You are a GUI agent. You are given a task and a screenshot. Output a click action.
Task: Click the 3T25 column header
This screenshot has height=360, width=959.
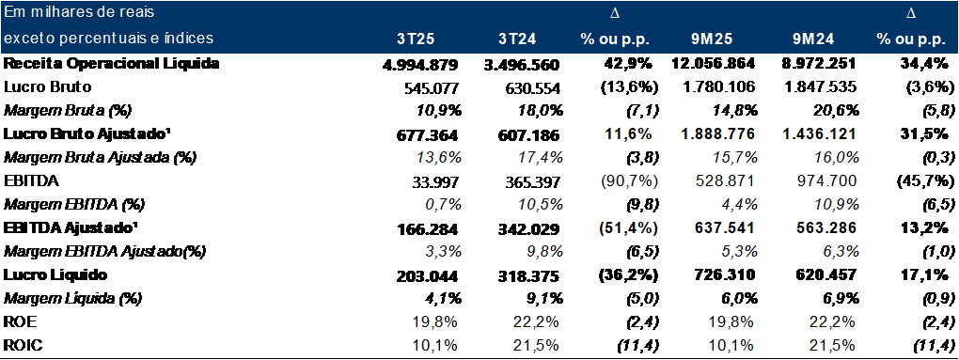[415, 39]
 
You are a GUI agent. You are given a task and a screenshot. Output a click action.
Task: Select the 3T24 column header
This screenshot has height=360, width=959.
[518, 39]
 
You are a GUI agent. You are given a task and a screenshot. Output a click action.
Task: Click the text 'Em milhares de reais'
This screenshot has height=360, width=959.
[79, 14]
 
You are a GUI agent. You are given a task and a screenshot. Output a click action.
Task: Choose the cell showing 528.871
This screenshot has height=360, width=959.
[718, 180]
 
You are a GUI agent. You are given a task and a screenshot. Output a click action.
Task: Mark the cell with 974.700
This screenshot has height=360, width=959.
[822, 180]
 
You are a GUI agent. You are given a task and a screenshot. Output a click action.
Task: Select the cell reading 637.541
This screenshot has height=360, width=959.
[718, 227]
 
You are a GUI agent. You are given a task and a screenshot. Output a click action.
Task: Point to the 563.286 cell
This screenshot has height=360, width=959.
[822, 227]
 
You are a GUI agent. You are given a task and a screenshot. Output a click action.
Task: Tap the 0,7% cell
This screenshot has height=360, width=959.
[442, 204]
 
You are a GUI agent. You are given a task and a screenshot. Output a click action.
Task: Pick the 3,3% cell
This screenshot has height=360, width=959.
[442, 250]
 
